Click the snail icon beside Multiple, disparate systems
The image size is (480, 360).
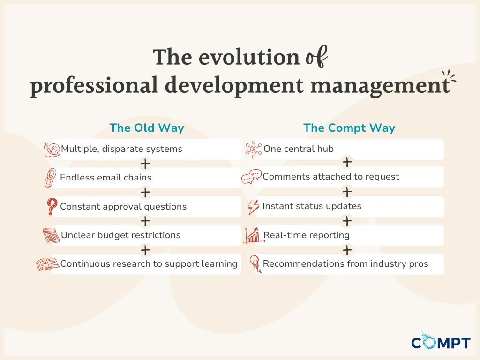(52, 150)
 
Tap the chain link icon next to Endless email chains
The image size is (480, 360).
(50, 178)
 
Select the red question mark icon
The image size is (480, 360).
(52, 206)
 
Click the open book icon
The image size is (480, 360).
(48, 264)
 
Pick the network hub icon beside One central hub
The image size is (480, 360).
(254, 150)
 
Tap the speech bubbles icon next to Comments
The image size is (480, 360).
(252, 177)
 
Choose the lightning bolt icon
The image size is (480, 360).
(254, 207)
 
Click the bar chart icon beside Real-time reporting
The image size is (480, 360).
(254, 235)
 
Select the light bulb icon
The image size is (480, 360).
(255, 264)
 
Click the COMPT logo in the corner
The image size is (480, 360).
(441, 341)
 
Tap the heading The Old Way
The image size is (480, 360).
(147, 128)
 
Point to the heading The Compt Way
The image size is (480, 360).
(349, 128)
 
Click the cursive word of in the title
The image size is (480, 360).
(317, 57)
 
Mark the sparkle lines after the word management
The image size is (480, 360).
(449, 76)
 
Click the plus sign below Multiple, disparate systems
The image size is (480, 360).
(145, 164)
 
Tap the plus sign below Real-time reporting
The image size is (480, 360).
(347, 250)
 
